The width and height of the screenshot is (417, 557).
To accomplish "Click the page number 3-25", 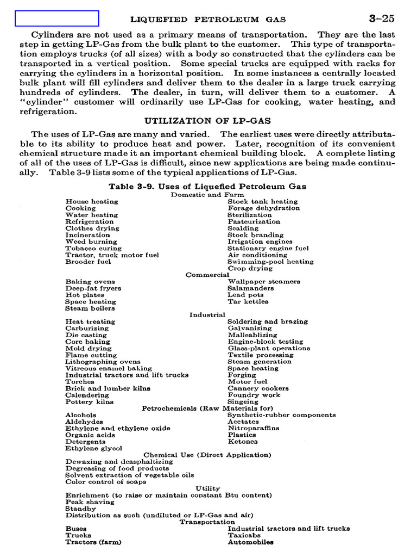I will pyautogui.click(x=381, y=18).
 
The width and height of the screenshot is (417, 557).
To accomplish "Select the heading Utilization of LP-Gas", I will pyautogui.click(x=207, y=121).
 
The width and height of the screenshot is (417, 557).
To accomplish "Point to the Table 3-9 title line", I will pyautogui.click(x=207, y=186).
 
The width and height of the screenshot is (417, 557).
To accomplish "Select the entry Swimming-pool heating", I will pyautogui.click(x=270, y=262).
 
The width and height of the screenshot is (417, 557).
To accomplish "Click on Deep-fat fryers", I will pyautogui.click(x=93, y=288).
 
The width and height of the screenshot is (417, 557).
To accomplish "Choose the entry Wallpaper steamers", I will pyautogui.click(x=264, y=282).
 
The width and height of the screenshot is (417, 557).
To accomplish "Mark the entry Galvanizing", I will pyautogui.click(x=250, y=329).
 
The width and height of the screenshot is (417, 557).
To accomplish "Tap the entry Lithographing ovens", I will pyautogui.click(x=103, y=362).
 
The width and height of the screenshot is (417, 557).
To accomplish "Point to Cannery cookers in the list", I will pyautogui.click(x=258, y=388).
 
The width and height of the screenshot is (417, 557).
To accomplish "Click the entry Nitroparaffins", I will pyautogui.click(x=254, y=428).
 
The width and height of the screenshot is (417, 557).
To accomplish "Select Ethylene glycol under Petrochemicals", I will pyautogui.click(x=93, y=448).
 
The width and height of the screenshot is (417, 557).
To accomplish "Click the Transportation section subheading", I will pyautogui.click(x=207, y=522).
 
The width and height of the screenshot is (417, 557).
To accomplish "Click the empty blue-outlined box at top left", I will pyautogui.click(x=56, y=18).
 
